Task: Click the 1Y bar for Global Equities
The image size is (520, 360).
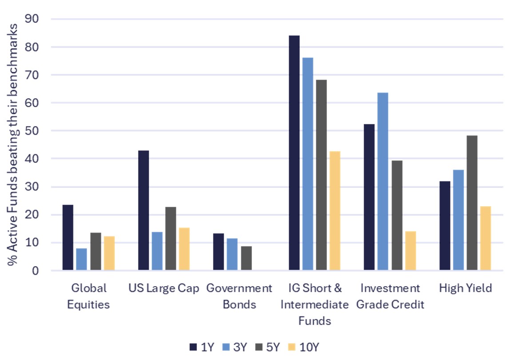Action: coord(68,237)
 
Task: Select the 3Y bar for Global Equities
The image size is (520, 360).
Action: coord(81,259)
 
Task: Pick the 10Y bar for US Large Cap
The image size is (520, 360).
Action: coord(184,249)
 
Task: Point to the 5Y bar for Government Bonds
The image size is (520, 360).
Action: coord(246,258)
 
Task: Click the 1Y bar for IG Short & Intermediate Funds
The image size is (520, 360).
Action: coord(294,153)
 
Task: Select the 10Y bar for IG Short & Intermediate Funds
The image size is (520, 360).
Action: coord(335,211)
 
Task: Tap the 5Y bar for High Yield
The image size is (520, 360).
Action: coord(472,203)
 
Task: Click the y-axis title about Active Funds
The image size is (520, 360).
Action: coord(13,145)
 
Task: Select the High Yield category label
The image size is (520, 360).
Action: coord(465,288)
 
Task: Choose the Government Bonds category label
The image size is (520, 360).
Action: coord(239,296)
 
